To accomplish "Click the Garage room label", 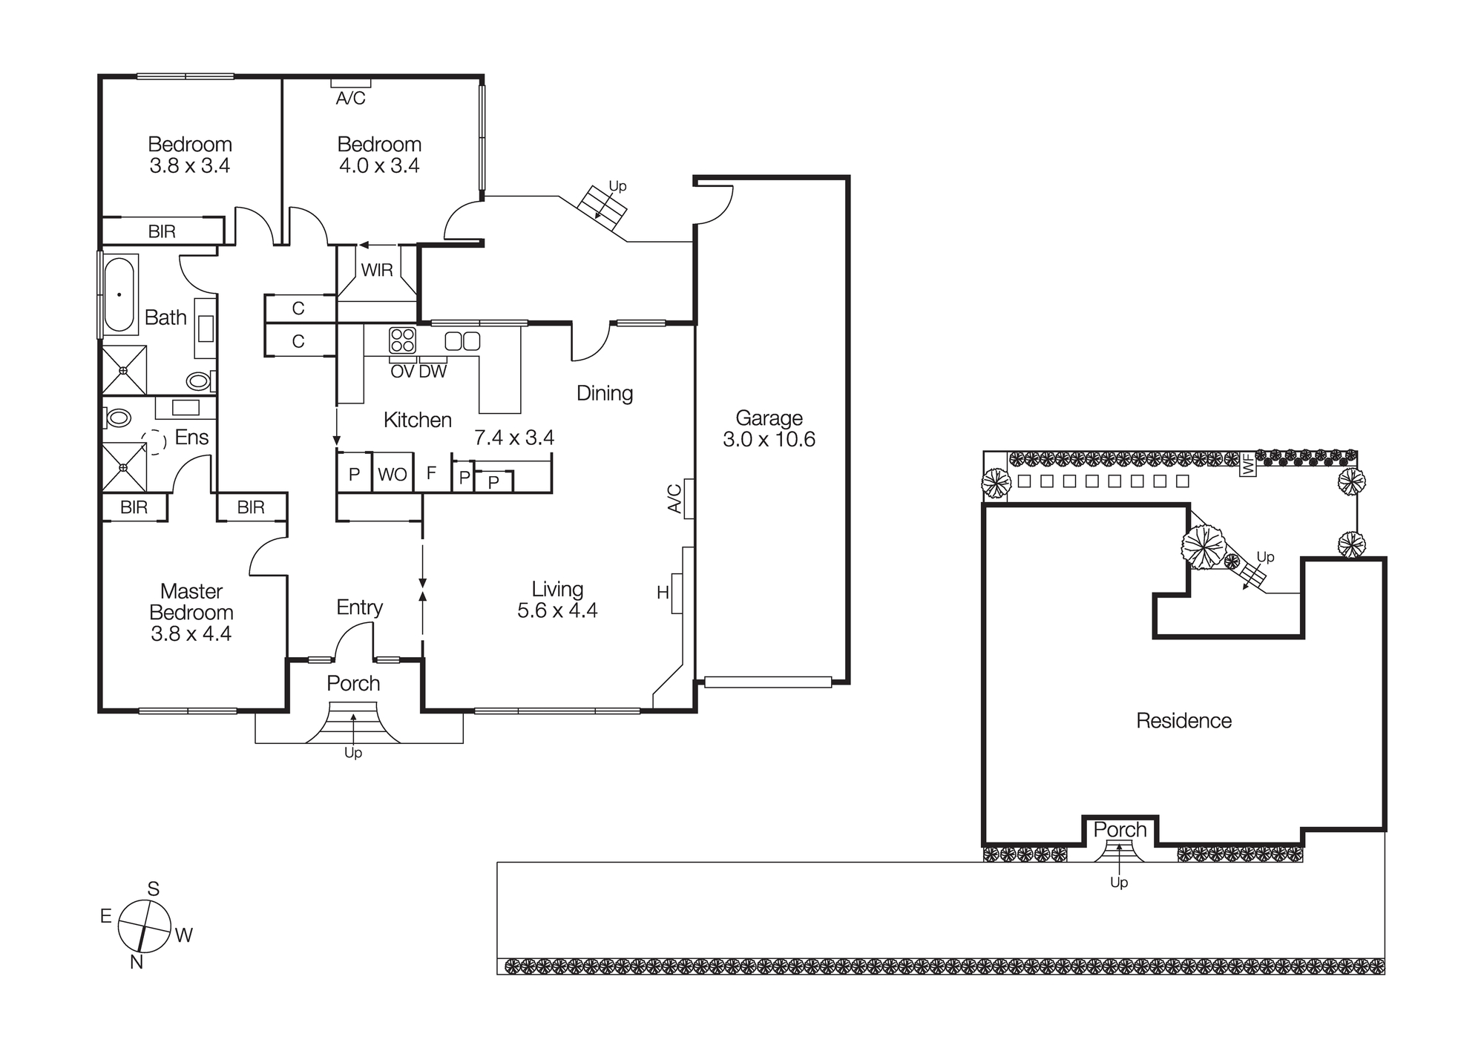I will (769, 418).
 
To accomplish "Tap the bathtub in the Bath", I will (119, 294).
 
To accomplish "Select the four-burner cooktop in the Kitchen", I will (403, 340).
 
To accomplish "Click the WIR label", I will (377, 271).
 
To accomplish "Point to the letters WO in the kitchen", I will (392, 475).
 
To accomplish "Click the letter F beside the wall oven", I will (431, 473).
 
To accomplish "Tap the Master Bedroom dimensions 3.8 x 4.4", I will (191, 633).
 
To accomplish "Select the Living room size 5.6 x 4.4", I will (557, 610).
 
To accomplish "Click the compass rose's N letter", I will (137, 962).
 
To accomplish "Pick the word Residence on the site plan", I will (1183, 720).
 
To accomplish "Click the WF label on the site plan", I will (1248, 465).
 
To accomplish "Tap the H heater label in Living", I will (663, 593).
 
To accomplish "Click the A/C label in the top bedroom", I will (350, 98).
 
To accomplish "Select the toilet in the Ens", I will (118, 418).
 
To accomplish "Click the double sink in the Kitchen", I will (462, 341).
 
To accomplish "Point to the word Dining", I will (605, 393).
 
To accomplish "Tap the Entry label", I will (359, 607).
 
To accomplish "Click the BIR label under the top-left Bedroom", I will (162, 231).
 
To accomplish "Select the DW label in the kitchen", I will (433, 372).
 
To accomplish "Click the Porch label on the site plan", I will (1120, 829).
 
